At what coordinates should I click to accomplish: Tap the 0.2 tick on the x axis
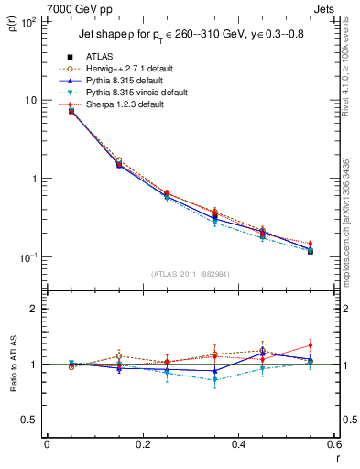(x=142, y=444)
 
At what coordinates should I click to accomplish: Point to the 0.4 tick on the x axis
(x=238, y=444)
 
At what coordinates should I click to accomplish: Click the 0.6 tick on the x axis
(x=334, y=444)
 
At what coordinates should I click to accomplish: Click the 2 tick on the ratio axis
(x=34, y=309)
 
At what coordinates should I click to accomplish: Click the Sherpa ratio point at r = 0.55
(x=311, y=345)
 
